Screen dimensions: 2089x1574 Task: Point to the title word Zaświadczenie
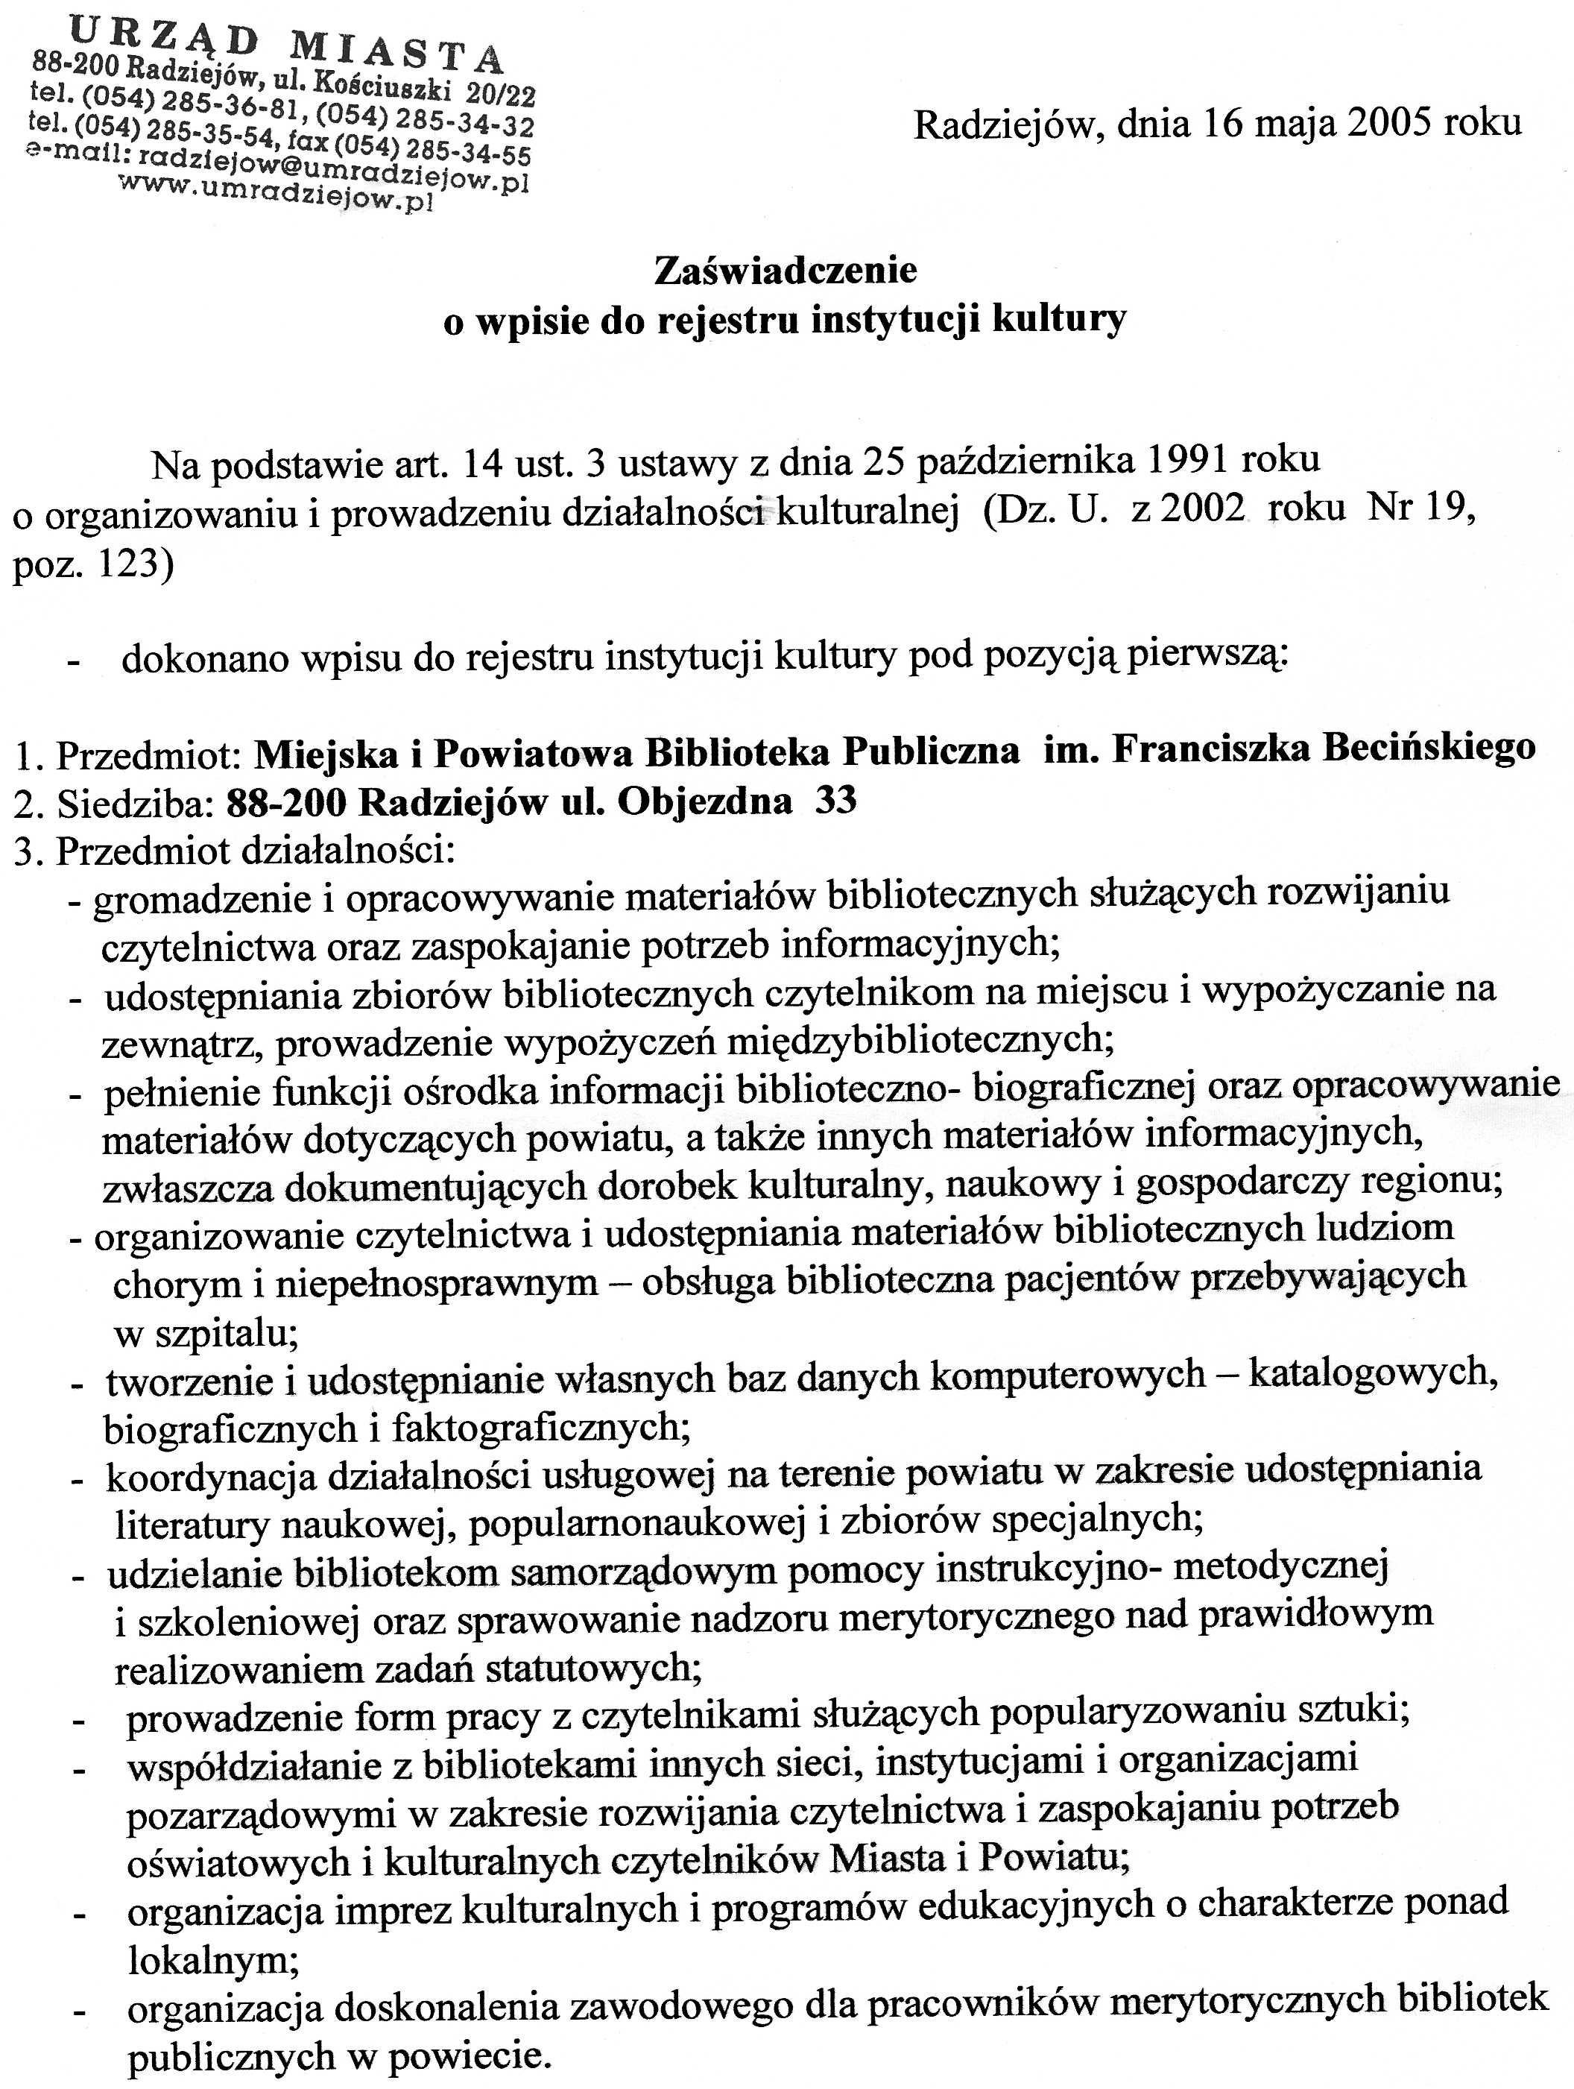[x=786, y=271]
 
